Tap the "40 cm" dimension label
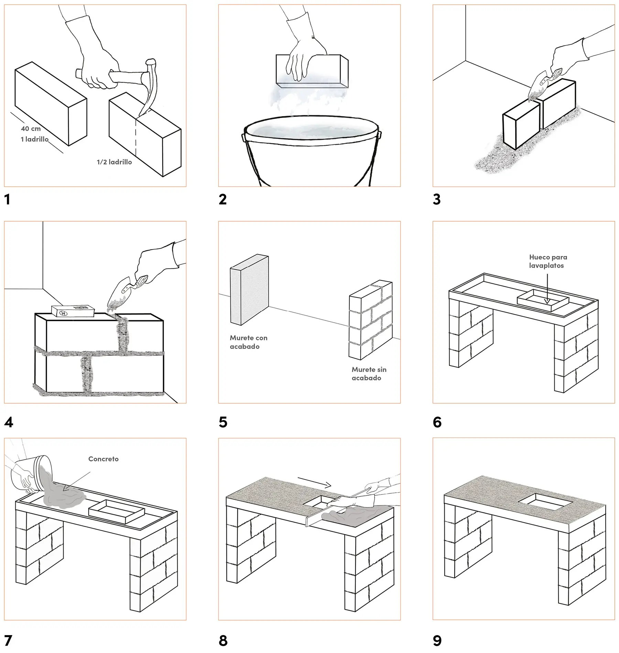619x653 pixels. pos(31,129)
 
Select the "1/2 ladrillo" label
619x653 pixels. pos(114,162)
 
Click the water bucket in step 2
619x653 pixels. pos(311,151)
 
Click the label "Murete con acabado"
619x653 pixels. pos(248,342)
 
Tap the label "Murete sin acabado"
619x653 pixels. pos(369,374)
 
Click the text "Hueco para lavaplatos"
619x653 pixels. pos(548,261)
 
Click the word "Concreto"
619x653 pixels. pos(103,459)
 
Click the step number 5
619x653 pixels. pos(223,422)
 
